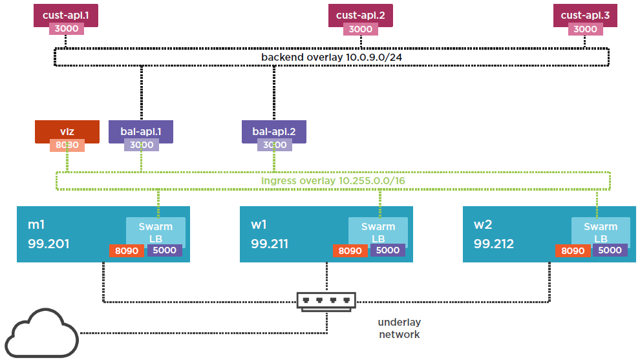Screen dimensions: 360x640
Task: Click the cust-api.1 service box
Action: tap(65, 14)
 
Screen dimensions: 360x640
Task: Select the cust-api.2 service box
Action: tap(360, 14)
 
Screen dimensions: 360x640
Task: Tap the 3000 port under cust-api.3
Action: tap(585, 29)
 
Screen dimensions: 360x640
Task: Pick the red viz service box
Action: tap(67, 131)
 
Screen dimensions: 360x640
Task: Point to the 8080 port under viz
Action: tap(67, 145)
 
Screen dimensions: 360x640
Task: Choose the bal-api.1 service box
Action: tap(141, 131)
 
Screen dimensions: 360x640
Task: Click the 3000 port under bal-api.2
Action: tap(274, 145)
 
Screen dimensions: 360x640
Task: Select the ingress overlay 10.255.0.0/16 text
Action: tap(333, 180)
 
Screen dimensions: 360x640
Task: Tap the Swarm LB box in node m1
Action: tap(156, 232)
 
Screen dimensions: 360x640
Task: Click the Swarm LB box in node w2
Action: tap(601, 232)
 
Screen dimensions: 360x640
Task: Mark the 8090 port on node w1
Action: tap(351, 251)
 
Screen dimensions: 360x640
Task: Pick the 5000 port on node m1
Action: tap(165, 251)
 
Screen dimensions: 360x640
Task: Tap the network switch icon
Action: tap(326, 301)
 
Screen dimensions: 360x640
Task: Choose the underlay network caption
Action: tap(399, 328)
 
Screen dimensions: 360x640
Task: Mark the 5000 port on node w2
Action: tap(610, 251)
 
